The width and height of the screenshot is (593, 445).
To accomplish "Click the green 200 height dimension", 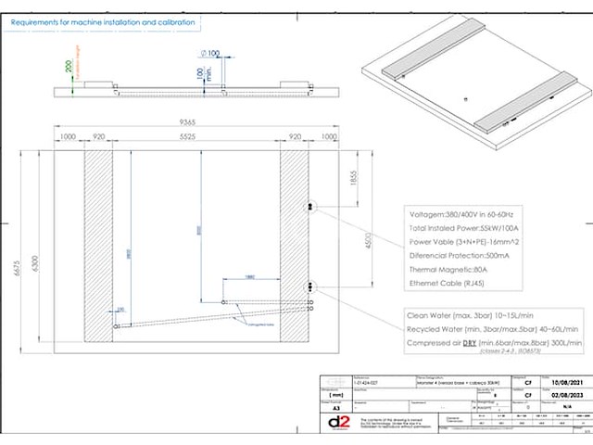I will click(x=68, y=67).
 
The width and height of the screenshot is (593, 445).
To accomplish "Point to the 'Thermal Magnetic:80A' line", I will click(x=448, y=268).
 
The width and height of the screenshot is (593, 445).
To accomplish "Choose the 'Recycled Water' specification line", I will click(x=493, y=329).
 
